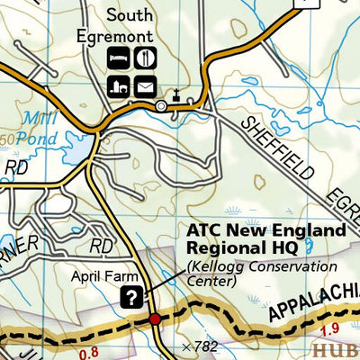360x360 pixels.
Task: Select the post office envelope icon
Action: pyautogui.click(x=146, y=86)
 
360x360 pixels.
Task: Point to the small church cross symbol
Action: pyautogui.click(x=177, y=94)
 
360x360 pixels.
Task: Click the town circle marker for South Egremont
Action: pyautogui.click(x=161, y=107)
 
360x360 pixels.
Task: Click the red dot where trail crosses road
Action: pyautogui.click(x=155, y=319)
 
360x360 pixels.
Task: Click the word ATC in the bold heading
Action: pyautogui.click(x=204, y=230)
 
